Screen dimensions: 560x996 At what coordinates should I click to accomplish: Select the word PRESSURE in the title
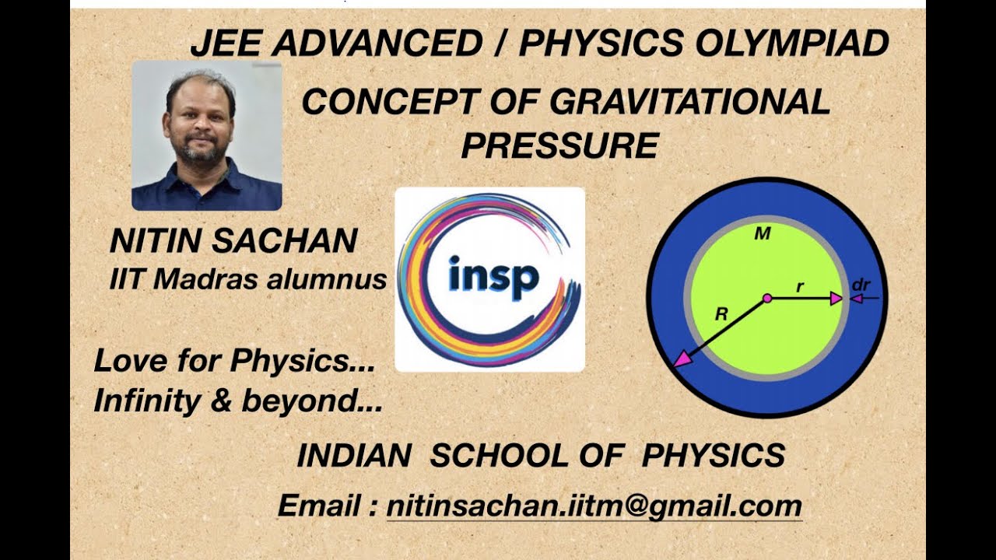click(x=559, y=145)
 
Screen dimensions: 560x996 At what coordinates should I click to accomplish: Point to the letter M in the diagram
click(x=763, y=234)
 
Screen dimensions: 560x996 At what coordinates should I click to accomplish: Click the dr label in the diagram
click(x=860, y=285)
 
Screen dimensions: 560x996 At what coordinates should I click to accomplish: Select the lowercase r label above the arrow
click(x=799, y=287)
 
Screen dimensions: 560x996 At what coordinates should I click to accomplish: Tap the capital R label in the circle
click(x=722, y=315)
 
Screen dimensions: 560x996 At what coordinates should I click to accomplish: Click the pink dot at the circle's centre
click(x=767, y=298)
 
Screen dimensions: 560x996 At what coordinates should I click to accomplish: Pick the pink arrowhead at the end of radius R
click(x=682, y=359)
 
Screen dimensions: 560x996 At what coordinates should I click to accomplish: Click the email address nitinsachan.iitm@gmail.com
click(x=594, y=506)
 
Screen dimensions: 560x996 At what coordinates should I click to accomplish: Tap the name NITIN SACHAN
click(x=233, y=242)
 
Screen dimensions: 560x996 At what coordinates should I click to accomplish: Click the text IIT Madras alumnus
click(x=248, y=279)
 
